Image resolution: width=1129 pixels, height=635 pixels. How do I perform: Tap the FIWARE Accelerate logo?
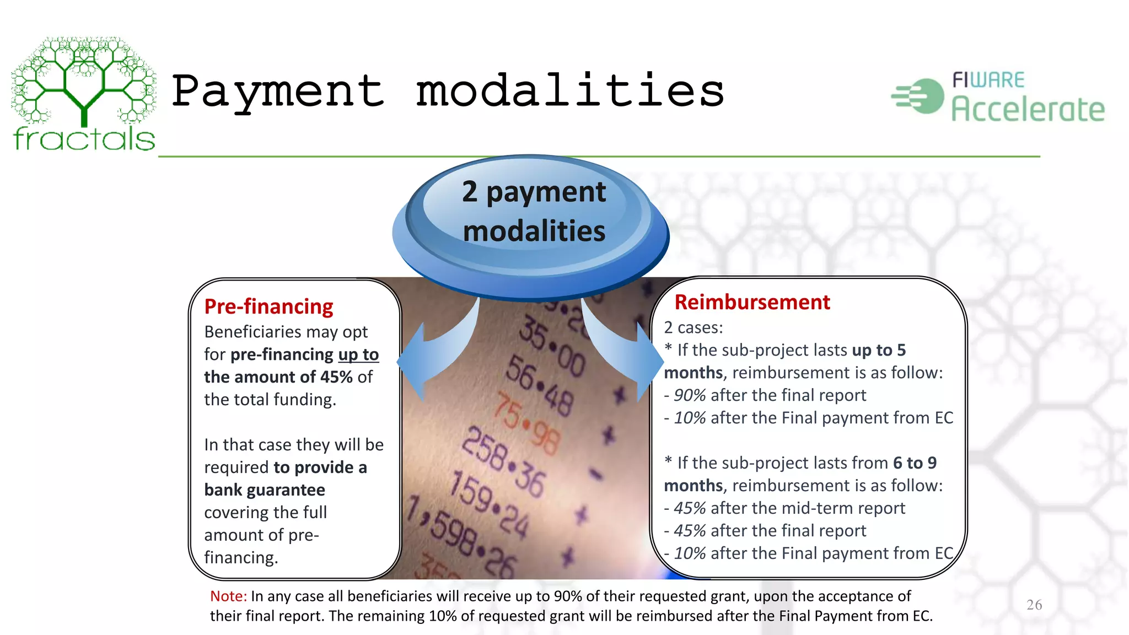[x=998, y=96]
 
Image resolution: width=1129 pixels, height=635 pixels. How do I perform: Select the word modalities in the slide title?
[x=570, y=92]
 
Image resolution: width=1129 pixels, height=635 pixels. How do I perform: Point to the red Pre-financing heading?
[x=268, y=306]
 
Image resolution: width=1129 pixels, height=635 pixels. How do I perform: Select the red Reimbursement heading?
[x=752, y=302]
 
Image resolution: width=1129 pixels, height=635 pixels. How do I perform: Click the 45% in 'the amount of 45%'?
[x=336, y=377]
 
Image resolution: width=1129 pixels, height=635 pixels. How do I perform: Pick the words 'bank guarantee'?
[x=265, y=490]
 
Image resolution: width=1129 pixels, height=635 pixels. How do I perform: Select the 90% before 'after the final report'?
[x=690, y=395]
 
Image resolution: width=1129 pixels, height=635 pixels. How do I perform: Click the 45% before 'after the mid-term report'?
[x=690, y=508]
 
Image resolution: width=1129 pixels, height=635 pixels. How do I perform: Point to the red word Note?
[x=228, y=596]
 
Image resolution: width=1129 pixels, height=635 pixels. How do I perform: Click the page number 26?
[x=1034, y=605]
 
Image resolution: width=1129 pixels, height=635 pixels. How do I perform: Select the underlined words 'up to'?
[x=358, y=354]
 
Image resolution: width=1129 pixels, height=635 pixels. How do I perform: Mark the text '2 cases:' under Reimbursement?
[x=693, y=327]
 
